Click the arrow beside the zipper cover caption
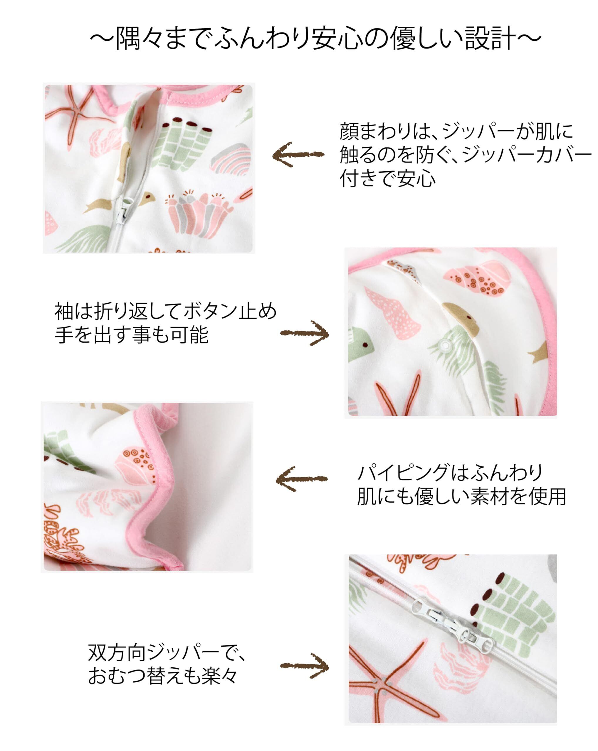pyautogui.click(x=298, y=154)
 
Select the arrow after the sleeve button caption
pyautogui.click(x=304, y=333)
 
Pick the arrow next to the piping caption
pyautogui.click(x=302, y=479)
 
